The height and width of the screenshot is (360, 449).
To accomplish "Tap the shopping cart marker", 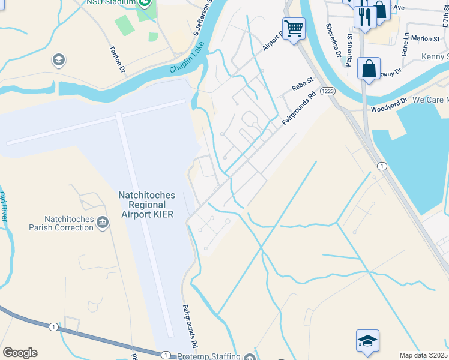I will coord(294,28).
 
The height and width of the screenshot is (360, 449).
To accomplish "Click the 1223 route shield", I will coord(327,90).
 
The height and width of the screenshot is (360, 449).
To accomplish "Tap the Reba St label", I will coord(303,84).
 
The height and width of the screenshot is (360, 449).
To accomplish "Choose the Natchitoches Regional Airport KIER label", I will coord(146,204).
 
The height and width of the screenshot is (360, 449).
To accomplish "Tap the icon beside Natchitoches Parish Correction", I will coord(103,224).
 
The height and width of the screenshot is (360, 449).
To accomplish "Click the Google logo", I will coord(20,353).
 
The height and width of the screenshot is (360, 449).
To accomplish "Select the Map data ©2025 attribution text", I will coord(424,355).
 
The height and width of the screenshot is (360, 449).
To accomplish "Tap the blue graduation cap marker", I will coord(367,340).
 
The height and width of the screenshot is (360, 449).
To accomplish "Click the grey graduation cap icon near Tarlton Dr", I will coord(59,60).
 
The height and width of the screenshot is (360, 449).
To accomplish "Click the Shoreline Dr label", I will coord(334,40).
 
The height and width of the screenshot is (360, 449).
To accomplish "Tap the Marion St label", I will coord(426,38).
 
